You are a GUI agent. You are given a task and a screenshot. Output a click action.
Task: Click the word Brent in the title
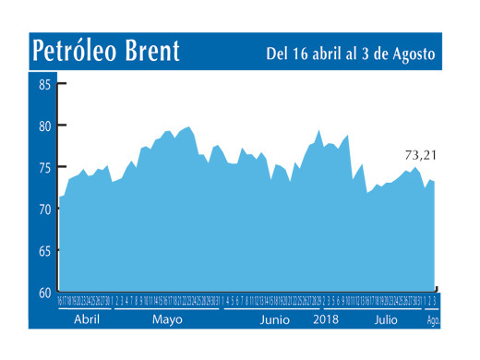coord(150,51)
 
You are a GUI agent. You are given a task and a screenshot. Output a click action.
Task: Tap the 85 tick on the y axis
coord(45,85)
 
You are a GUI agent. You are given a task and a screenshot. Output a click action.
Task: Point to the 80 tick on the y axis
coord(45,126)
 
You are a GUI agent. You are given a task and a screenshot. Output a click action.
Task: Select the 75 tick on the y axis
coord(45,168)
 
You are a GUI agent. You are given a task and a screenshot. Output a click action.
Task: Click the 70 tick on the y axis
coord(45,210)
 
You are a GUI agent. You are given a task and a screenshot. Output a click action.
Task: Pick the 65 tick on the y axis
coord(45,251)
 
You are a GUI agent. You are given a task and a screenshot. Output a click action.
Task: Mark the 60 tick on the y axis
coord(45,292)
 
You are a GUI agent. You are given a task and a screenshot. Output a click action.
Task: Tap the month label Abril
coord(85,319)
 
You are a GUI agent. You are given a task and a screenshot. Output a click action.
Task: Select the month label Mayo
coord(167,319)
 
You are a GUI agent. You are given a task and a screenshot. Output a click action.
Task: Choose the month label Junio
coord(275,319)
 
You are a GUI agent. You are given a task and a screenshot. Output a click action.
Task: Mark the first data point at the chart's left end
coord(59,197)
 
